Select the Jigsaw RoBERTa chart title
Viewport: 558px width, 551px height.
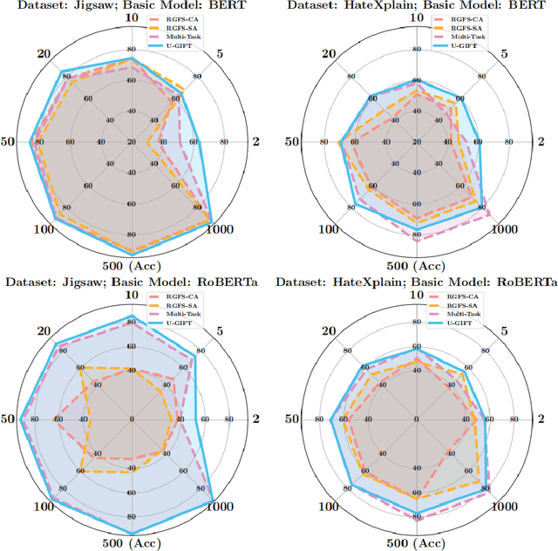[132, 282]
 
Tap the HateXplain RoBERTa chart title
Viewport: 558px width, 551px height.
[416, 282]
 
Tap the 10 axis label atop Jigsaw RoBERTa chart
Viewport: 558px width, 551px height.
[132, 296]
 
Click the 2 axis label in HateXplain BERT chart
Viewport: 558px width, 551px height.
[541, 142]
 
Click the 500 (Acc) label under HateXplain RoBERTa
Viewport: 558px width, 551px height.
[417, 543]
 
